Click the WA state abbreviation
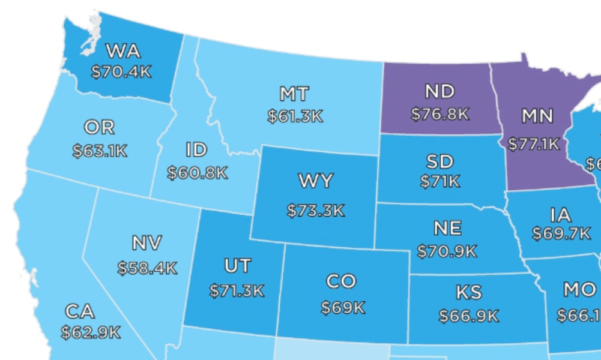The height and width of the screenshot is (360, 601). pyautogui.click(x=122, y=50)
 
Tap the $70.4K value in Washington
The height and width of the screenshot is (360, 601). pyautogui.click(x=121, y=72)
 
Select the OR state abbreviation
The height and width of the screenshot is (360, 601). pyautogui.click(x=99, y=128)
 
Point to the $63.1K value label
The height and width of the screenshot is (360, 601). pyautogui.click(x=100, y=151)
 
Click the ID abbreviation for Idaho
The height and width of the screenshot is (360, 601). pyautogui.click(x=197, y=149)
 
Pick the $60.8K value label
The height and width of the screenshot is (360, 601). pyautogui.click(x=198, y=173)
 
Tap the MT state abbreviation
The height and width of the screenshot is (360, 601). pyautogui.click(x=294, y=94)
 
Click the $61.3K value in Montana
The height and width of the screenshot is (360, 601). pyautogui.click(x=295, y=116)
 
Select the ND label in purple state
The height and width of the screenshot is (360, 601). pyautogui.click(x=439, y=91)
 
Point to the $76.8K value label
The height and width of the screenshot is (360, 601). pyautogui.click(x=439, y=114)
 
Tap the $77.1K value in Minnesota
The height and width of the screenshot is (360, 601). pyautogui.click(x=533, y=145)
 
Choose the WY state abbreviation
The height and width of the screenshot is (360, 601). pyautogui.click(x=315, y=181)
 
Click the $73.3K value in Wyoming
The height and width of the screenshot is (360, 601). pyautogui.click(x=315, y=211)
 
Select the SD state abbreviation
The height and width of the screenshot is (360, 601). pyautogui.click(x=439, y=161)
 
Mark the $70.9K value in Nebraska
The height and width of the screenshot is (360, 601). pyautogui.click(x=447, y=251)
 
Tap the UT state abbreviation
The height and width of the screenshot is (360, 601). pyautogui.click(x=237, y=266)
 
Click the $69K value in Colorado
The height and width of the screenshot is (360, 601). pyautogui.click(x=342, y=308)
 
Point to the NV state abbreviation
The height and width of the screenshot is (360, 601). pyautogui.click(x=147, y=244)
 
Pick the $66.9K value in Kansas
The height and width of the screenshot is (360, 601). pyautogui.click(x=468, y=316)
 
